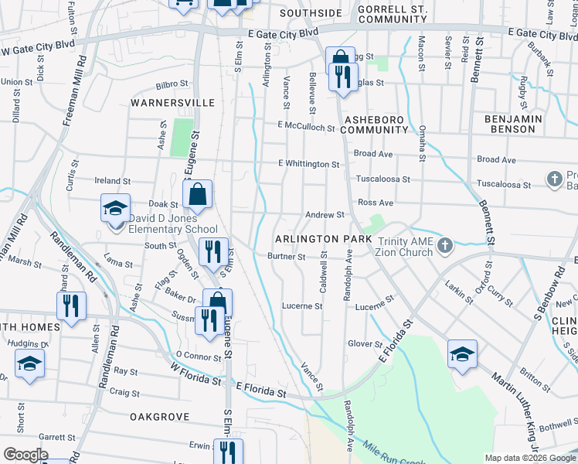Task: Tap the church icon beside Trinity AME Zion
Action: pyautogui.click(x=444, y=246)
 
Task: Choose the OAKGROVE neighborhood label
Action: pyautogui.click(x=159, y=417)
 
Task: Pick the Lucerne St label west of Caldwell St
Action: pyautogui.click(x=301, y=306)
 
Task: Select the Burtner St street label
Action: pyautogui.click(x=286, y=257)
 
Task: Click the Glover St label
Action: pyautogui.click(x=365, y=344)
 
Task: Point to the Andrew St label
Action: pyautogui.click(x=324, y=215)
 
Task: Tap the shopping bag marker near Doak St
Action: pyautogui.click(x=198, y=194)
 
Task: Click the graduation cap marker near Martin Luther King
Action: pyautogui.click(x=462, y=354)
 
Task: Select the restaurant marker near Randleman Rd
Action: pyautogui.click(x=71, y=305)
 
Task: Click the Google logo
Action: pyautogui.click(x=25, y=455)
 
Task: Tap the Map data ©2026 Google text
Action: pyautogui.click(x=529, y=458)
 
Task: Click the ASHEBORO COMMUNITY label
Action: pyautogui.click(x=374, y=125)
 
